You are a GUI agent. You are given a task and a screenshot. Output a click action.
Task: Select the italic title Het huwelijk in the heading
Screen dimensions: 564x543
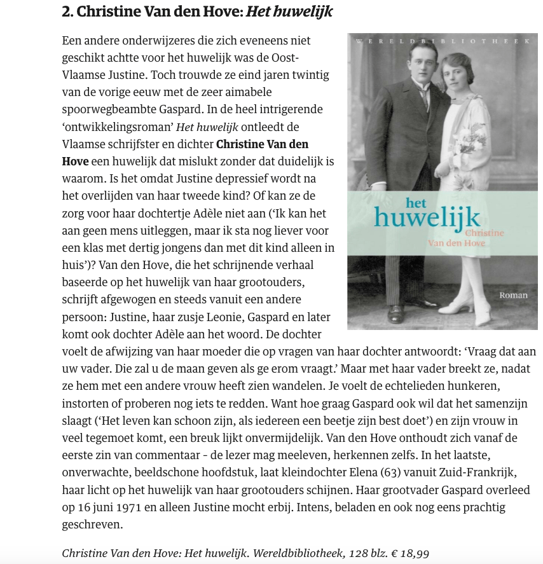point(289,11)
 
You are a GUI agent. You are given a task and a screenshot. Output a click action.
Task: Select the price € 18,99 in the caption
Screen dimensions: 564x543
point(410,553)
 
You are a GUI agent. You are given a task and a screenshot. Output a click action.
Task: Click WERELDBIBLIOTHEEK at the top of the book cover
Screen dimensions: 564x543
point(443,41)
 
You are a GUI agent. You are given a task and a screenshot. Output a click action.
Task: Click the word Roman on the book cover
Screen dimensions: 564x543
point(514,295)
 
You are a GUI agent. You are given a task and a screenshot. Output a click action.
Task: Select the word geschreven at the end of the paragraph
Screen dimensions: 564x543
point(92,525)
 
